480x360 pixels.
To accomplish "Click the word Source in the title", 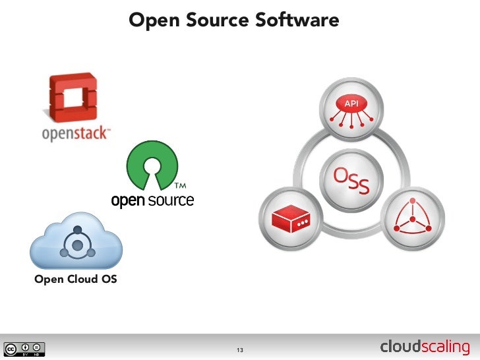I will point(215,20).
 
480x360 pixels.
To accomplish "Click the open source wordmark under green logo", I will point(152,200).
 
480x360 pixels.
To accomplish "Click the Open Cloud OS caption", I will point(76,280).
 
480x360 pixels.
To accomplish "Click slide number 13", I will point(240,349).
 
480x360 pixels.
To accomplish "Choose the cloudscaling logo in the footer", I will point(425,347).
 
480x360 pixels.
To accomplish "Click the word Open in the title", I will point(154,20).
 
